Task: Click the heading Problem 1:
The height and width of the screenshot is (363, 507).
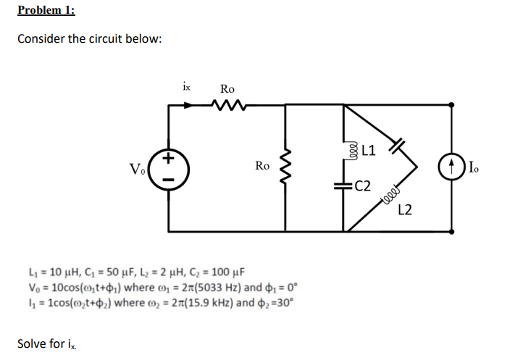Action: click(x=46, y=10)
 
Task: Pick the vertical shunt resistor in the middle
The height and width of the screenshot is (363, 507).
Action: click(x=285, y=167)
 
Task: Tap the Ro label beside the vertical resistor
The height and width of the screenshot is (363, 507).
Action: click(x=263, y=166)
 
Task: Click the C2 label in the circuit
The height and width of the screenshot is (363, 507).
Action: click(x=364, y=185)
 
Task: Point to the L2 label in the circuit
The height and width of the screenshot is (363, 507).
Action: click(x=406, y=209)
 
